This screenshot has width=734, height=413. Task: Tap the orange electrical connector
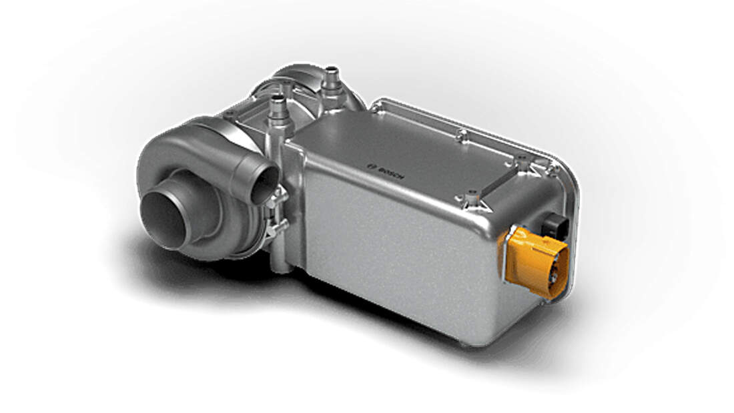534,262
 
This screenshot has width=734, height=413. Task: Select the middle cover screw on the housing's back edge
461,137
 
